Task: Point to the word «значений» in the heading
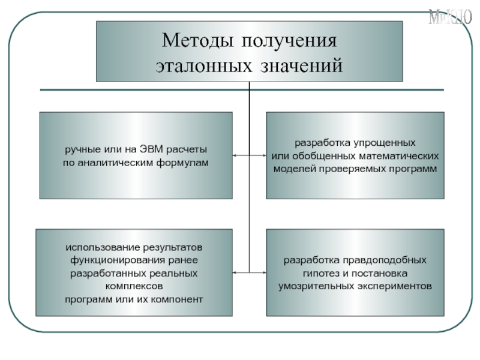pos(302,64)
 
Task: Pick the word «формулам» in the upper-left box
pos(182,163)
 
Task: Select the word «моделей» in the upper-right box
pos(295,169)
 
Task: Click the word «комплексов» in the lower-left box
pos(134,286)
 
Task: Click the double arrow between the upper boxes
pos(249,155)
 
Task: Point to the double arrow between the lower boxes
pos(249,272)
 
